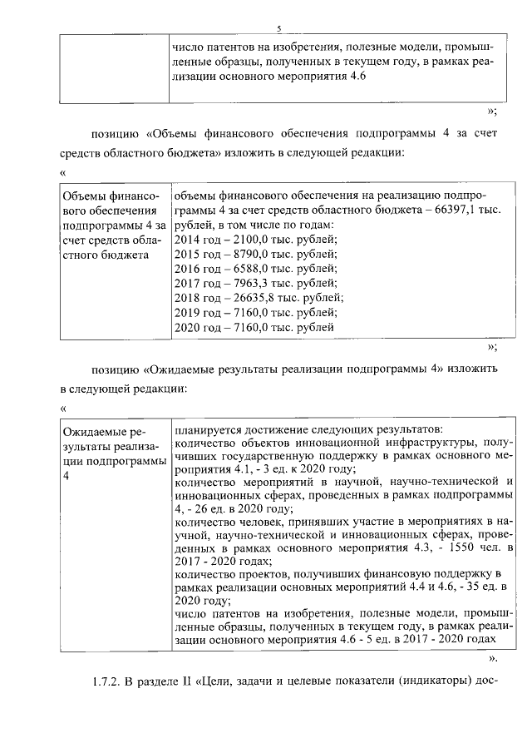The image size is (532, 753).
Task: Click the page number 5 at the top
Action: tap(280, 27)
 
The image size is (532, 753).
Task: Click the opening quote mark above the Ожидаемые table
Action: tap(64, 408)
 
